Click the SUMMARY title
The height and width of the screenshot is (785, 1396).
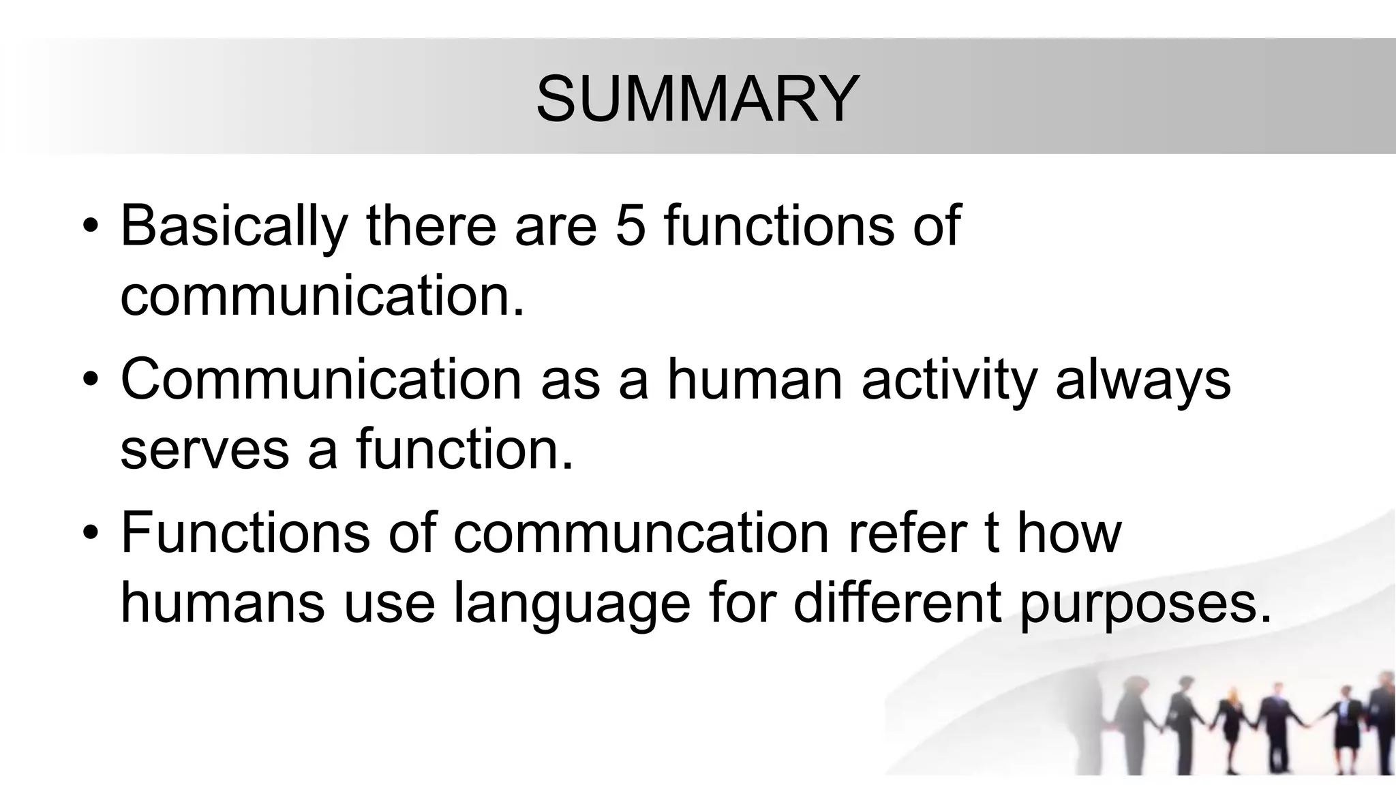697,99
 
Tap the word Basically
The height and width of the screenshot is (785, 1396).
234,226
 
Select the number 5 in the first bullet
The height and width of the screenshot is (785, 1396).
630,226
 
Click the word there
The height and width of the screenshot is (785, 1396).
431,226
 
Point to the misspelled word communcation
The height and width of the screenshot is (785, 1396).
641,534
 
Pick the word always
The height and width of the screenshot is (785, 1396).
1143,380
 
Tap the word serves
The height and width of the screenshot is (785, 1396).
204,450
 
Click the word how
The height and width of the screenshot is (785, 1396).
1069,533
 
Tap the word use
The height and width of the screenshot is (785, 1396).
389,604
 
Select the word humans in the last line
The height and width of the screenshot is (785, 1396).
222,602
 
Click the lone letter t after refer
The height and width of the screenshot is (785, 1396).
992,533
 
